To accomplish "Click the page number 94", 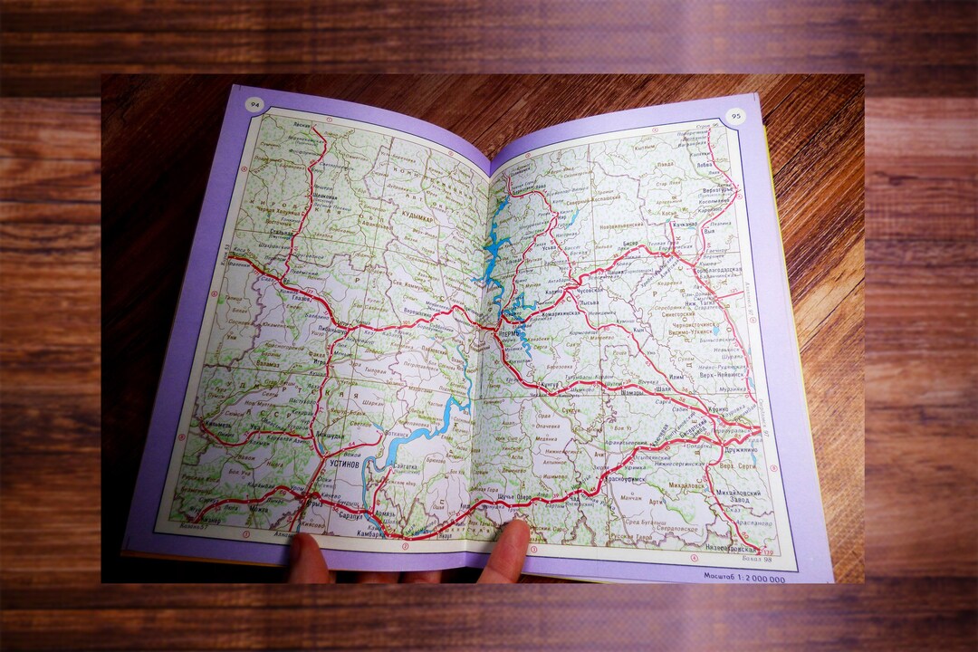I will click(251, 103).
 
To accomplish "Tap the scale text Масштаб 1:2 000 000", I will click(744, 574).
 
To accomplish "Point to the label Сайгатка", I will click(402, 466).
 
